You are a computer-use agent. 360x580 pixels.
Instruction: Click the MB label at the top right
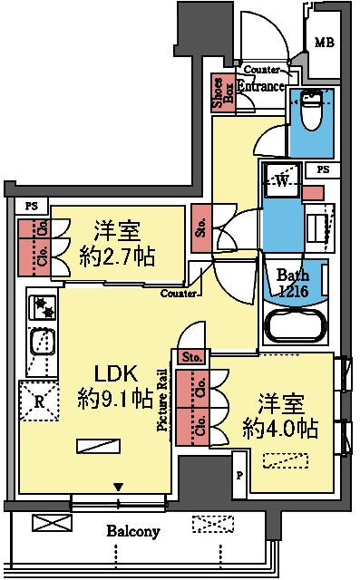pyautogui.click(x=323, y=41)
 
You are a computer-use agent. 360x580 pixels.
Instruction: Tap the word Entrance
pyautogui.click(x=261, y=86)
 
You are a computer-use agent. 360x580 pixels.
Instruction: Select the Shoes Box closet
pyautogui.click(x=219, y=94)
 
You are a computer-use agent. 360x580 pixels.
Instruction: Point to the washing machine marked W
pyautogui.click(x=281, y=179)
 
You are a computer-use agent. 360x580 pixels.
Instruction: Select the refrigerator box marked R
pyautogui.click(x=38, y=399)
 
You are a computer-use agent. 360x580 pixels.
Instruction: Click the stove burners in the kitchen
pyautogui.click(x=42, y=308)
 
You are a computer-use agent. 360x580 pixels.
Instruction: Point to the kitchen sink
pyautogui.click(x=42, y=343)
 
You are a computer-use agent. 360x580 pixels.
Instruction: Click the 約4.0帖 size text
pyautogui.click(x=280, y=427)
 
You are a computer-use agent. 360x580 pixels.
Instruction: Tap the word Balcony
pyautogui.click(x=131, y=531)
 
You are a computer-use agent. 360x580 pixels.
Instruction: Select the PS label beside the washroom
pyautogui.click(x=323, y=170)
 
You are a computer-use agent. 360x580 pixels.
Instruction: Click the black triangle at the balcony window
pyautogui.click(x=117, y=488)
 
